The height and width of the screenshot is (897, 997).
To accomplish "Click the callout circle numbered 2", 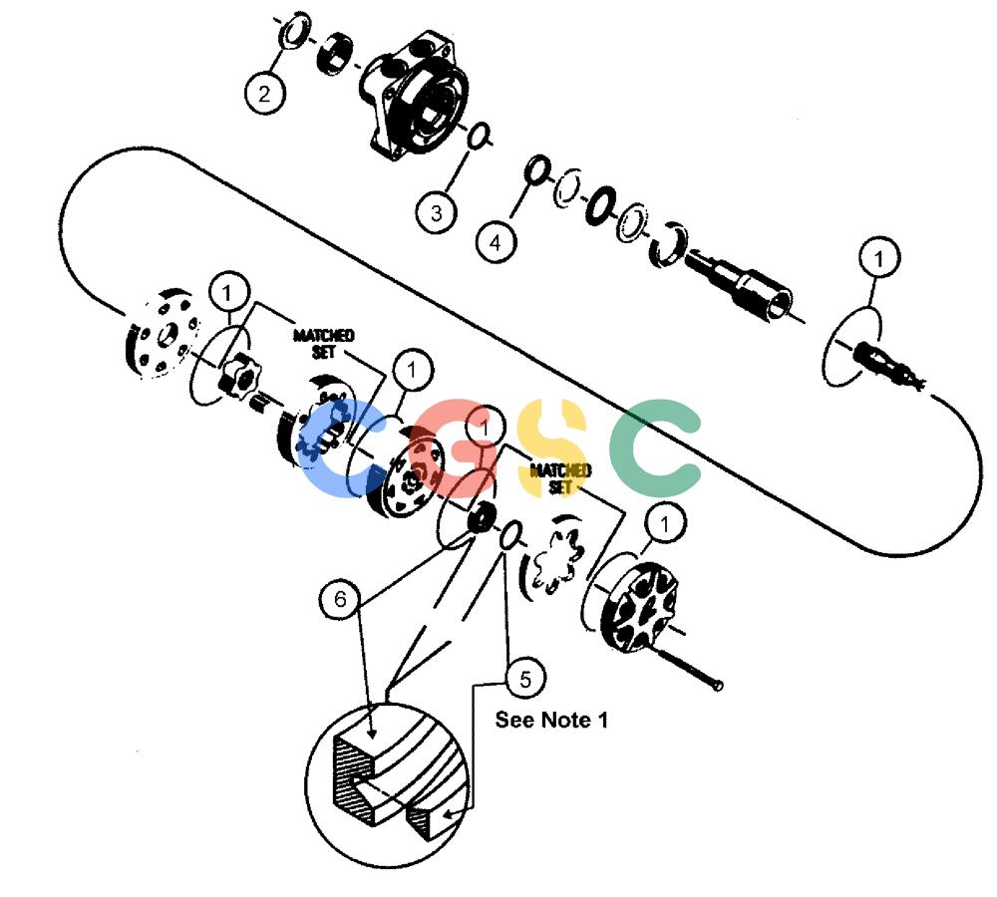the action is pyautogui.click(x=264, y=94).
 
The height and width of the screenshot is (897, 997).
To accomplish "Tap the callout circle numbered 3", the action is pyautogui.click(x=437, y=211).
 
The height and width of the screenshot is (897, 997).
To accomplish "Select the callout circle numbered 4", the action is pyautogui.click(x=496, y=241).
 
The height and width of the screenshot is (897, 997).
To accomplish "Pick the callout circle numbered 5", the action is pyautogui.click(x=525, y=679).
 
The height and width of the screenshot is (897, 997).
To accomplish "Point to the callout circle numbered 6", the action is pyautogui.click(x=340, y=599).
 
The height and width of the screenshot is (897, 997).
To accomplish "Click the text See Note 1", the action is pyautogui.click(x=551, y=720).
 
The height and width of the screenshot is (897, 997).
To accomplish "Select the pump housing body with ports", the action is pyautogui.click(x=414, y=96).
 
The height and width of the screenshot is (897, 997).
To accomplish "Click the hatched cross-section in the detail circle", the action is pyautogui.click(x=347, y=782).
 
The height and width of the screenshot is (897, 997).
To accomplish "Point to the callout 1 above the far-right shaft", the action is pyautogui.click(x=878, y=258).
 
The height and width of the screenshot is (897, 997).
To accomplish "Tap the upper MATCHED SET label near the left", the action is pyautogui.click(x=324, y=343).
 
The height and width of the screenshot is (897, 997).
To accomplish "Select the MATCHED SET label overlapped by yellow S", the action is pyautogui.click(x=560, y=478).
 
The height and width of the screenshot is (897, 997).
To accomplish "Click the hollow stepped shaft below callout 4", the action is pyautogui.click(x=738, y=280).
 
